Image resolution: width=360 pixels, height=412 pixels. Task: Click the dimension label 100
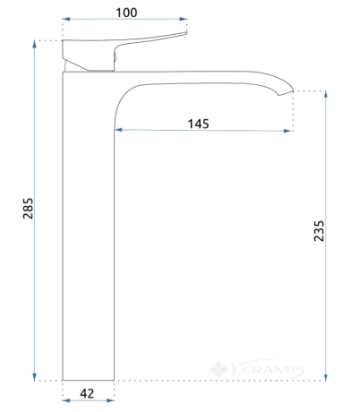point(126,13)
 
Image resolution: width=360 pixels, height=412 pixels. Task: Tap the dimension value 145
point(198,124)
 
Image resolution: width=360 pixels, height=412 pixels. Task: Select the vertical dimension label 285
point(28,209)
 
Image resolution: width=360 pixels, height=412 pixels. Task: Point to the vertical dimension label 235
point(319,231)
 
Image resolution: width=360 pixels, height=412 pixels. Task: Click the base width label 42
point(87,393)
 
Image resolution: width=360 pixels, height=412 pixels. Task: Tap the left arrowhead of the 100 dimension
point(66,19)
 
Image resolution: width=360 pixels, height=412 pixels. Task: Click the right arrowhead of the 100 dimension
point(184,19)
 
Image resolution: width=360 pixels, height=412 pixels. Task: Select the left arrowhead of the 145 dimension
point(118,130)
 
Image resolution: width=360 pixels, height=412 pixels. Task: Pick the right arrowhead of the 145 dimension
point(287,131)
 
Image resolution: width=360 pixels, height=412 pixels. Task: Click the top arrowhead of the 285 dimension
point(34,44)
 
